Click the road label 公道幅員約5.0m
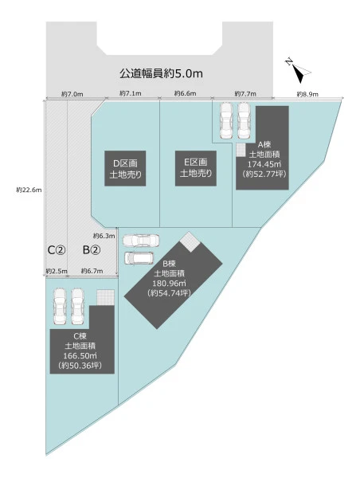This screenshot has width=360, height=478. tap(161, 73)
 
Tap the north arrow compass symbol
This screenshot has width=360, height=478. tap(299, 71)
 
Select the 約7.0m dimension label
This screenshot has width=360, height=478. tap(72, 94)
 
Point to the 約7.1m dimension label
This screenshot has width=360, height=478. tap(131, 93)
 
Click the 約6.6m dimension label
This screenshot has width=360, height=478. tap(185, 93)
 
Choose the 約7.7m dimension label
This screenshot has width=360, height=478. tap(245, 94)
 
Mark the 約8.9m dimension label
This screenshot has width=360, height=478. tap(307, 94)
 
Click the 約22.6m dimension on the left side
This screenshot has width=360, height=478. tap(29, 190)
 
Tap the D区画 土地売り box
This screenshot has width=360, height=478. tap(125, 168)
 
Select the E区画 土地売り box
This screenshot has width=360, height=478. tap(196, 168)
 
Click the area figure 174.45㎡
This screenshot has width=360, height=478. tap(264, 164)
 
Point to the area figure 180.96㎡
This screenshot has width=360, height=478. tap(169, 283)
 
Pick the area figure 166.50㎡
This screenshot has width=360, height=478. tap(80, 356)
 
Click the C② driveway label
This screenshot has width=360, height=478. tap(57, 250)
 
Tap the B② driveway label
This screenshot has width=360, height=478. tap(92, 250)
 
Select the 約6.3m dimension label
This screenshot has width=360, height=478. tap(104, 236)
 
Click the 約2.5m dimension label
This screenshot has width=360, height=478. tap(57, 271)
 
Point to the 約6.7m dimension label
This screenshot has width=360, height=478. tap(92, 271)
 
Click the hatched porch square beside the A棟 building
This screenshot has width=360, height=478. tap(241, 150)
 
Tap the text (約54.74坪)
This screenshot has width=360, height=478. tap(169, 293)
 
